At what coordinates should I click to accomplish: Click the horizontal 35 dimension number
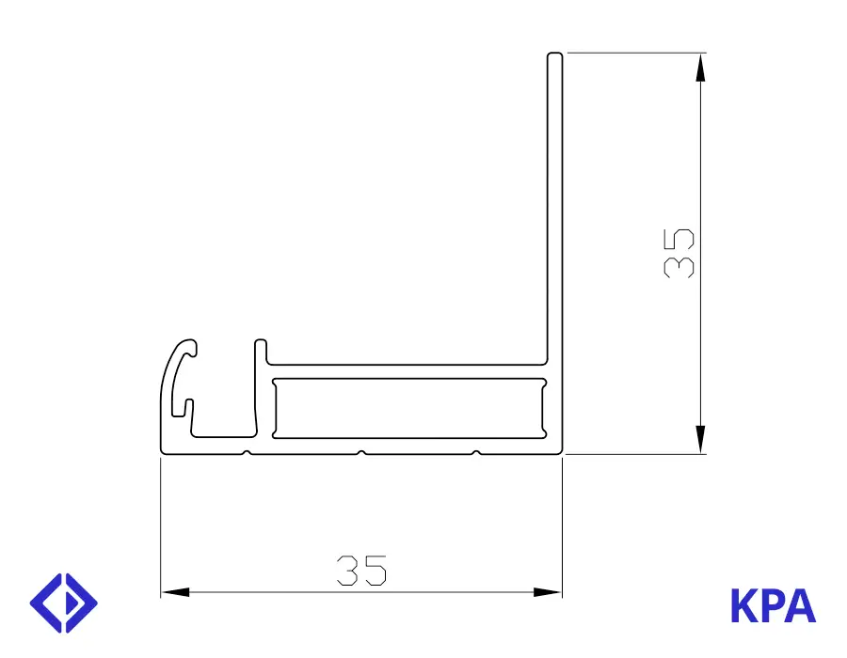361,570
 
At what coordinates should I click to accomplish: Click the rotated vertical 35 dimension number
679,254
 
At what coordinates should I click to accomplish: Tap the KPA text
773,605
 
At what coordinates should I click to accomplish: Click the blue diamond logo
64,603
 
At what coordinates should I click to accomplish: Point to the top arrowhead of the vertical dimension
700,68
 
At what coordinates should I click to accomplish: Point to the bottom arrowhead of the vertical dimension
700,440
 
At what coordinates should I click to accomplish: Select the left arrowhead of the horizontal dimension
176,592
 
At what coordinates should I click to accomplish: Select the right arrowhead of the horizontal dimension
547,592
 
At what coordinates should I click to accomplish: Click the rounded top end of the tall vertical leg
554,55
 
